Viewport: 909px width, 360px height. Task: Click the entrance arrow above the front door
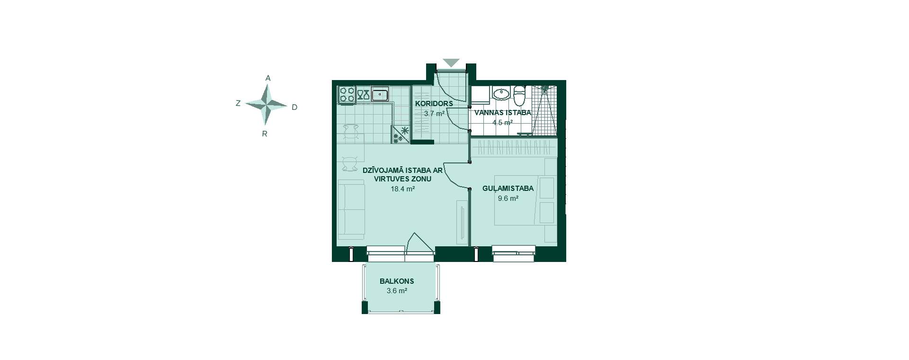tap(451, 62)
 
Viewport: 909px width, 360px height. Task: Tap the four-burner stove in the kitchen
tap(347, 94)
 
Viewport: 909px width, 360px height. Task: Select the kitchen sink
tap(380, 95)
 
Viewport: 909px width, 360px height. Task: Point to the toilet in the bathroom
tap(519, 96)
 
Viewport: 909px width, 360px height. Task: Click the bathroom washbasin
tap(500, 93)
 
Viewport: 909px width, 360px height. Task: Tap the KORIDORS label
tap(434, 104)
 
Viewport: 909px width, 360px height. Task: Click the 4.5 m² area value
tap(502, 122)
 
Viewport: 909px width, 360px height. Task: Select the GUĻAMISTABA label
tap(508, 189)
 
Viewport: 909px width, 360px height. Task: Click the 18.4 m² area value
tap(403, 189)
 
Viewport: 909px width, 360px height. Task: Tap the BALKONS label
tap(397, 281)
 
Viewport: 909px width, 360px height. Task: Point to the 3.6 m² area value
tap(397, 291)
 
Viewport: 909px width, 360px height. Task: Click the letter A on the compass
tap(268, 78)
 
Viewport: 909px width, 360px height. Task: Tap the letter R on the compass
tap(265, 134)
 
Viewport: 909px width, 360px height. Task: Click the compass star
tap(267, 105)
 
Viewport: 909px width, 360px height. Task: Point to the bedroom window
tap(514, 253)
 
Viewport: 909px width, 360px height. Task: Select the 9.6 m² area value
tap(508, 198)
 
